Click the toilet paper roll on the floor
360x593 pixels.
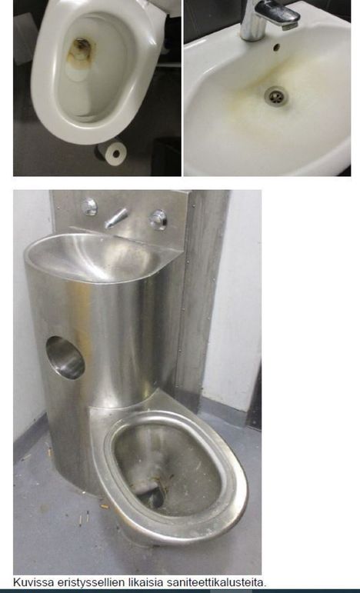112,152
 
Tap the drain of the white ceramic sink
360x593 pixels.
276,95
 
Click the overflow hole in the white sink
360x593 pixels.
276,47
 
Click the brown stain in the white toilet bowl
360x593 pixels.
80,55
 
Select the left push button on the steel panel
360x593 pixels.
90,206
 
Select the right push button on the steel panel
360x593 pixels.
158,219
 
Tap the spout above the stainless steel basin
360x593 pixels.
116,218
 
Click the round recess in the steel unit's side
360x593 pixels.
65,358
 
